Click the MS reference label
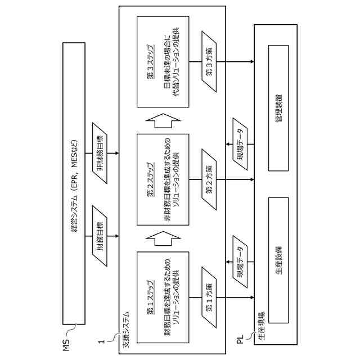click(x=66, y=344)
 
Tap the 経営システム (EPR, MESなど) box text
click(x=74, y=186)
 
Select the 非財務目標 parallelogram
click(x=100, y=153)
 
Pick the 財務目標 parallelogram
click(x=100, y=236)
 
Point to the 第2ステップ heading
click(x=150, y=179)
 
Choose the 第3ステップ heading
click(x=150, y=62)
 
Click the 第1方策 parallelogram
click(x=209, y=298)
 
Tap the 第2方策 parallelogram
click(x=209, y=179)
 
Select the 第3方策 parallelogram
click(x=209, y=62)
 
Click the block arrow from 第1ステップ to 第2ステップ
click(x=163, y=238)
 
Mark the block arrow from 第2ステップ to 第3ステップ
click(x=163, y=120)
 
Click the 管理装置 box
click(x=278, y=108)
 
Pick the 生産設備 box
click(x=278, y=260)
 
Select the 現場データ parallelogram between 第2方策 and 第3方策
click(x=240, y=144)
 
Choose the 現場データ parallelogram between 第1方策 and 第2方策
click(x=240, y=262)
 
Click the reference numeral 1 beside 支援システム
click(x=102, y=341)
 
